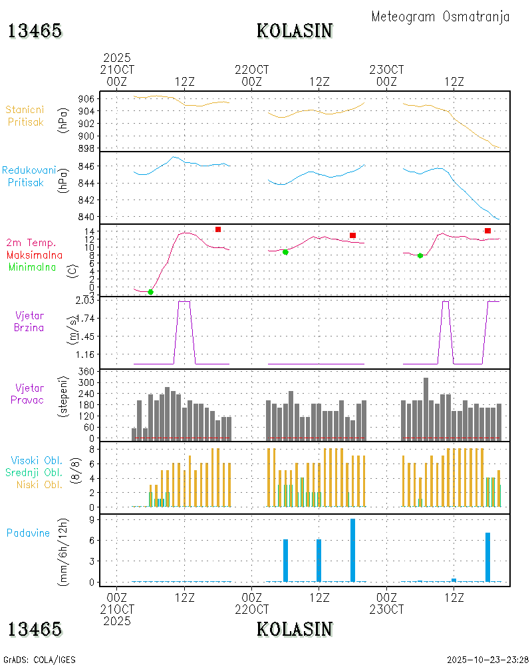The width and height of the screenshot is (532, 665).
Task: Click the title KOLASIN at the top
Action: [x=295, y=31]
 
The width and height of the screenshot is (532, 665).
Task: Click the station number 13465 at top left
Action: [x=35, y=31]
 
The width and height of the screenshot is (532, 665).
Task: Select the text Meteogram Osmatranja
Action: [x=440, y=17]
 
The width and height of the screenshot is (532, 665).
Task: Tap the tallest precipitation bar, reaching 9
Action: [x=352, y=550]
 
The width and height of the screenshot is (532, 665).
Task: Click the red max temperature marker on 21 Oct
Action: [x=218, y=229]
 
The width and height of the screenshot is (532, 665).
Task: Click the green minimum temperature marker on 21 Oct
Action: [x=150, y=292]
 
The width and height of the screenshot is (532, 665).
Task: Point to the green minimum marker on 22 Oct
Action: [x=285, y=252]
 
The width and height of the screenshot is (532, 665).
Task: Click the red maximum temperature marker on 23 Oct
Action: [x=487, y=231]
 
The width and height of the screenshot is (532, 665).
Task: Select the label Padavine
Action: [x=28, y=533]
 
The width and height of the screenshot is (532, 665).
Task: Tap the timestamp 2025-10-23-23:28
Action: [x=488, y=660]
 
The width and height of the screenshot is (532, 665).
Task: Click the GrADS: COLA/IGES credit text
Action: [x=39, y=660]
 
